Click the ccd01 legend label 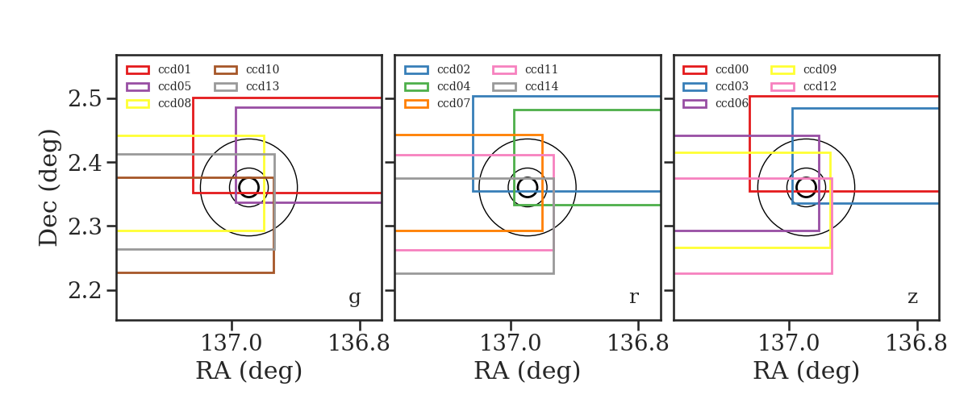coord(174,69)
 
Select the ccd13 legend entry coord(247,86)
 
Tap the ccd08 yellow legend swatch coord(138,104)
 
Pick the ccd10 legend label coord(263,69)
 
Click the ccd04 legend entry coord(437,86)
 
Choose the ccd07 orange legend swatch coord(416,104)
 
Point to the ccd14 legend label coord(541,86)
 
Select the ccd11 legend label coord(541,69)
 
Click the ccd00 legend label coord(732,69)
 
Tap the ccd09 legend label coord(820,69)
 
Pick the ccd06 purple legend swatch coord(695,104)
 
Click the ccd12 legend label coord(820,86)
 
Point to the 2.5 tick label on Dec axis coord(86,99)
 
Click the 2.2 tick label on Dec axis coord(86,291)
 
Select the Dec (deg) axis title coord(48,188)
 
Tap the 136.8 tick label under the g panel coord(359,343)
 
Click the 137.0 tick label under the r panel coord(511,343)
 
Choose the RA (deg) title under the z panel coord(807,371)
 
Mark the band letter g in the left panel coord(354,297)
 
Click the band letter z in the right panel coord(912,297)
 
